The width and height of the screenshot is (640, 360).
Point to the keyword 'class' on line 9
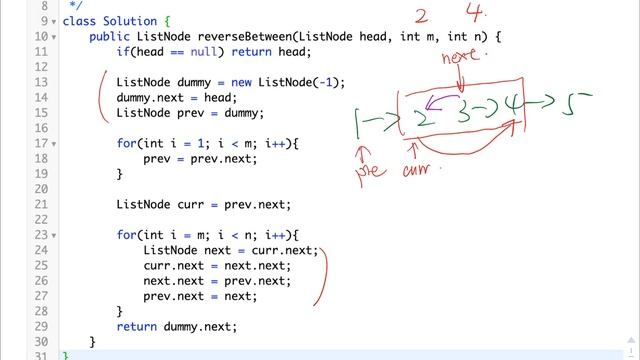click(80, 20)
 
